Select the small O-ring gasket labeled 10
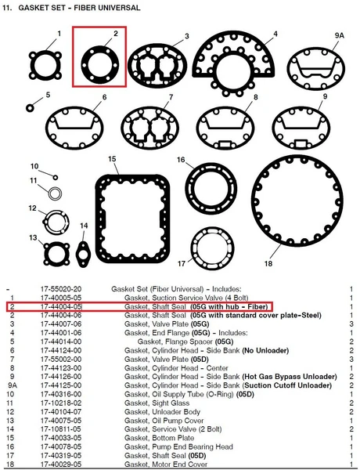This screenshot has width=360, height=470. click(x=56, y=178)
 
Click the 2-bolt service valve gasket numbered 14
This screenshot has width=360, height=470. click(x=83, y=254)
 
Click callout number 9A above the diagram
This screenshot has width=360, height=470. click(x=340, y=35)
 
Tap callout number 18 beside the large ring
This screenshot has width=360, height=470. click(x=268, y=263)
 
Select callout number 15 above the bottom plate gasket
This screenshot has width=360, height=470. click(x=112, y=159)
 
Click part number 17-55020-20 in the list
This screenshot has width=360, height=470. click(x=61, y=289)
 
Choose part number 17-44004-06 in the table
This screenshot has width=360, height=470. click(x=61, y=316)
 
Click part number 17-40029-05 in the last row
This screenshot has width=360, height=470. click(x=61, y=465)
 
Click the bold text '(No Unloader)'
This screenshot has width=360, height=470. click(x=265, y=350)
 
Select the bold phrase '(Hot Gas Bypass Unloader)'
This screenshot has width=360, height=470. click(x=290, y=377)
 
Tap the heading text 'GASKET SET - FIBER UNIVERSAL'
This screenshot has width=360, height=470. click(x=79, y=8)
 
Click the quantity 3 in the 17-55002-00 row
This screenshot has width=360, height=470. click(x=351, y=359)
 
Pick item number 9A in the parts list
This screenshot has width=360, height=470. click(x=12, y=385)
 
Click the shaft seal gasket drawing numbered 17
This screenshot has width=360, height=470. click(x=212, y=249)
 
